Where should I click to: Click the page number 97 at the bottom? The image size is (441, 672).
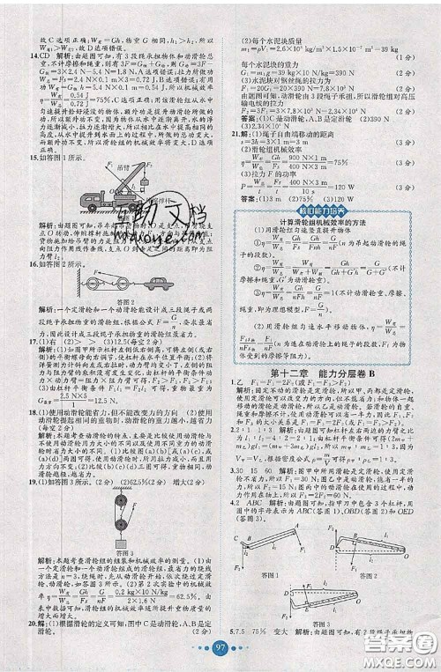[x=220, y=650]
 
